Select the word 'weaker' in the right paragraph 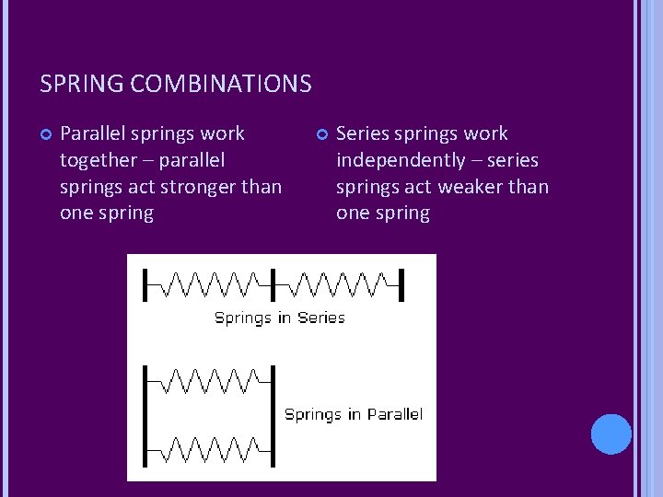pos(464,186)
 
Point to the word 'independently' pos(401,160)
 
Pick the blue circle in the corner pos(611,433)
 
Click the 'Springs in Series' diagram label pos(279,318)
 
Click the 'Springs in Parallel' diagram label pos(354,414)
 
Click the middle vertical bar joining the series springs pos(273,283)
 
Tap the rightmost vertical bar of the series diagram pos(401,283)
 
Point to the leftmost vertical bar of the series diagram pos(145,283)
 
